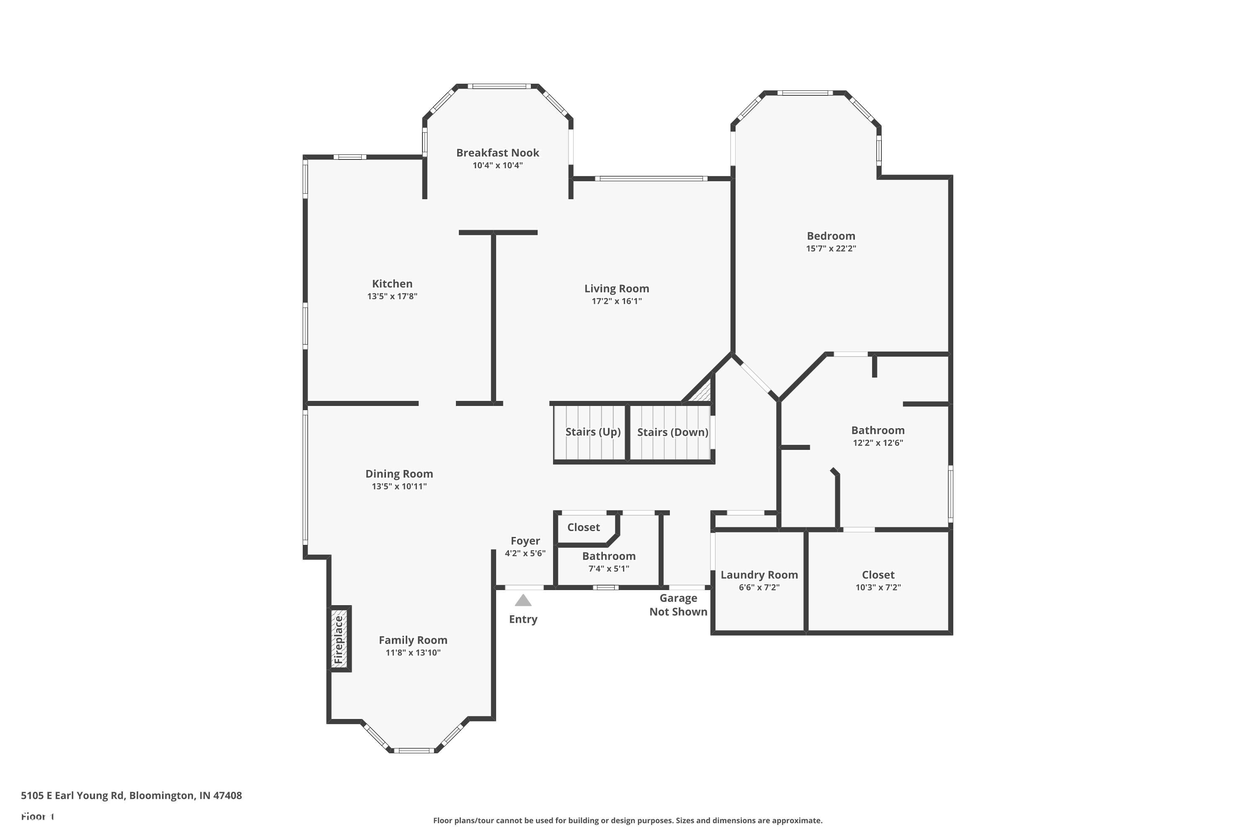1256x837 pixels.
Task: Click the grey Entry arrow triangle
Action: [523, 601]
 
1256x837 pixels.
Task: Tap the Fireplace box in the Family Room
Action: [339, 639]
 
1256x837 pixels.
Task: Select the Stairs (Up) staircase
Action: [590, 432]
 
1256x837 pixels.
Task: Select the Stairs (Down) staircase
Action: [672, 432]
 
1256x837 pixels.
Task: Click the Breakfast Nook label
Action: [497, 153]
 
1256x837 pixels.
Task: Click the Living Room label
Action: [616, 289]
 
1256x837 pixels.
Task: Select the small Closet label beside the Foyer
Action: [583, 527]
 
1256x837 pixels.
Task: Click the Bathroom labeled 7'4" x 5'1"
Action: [608, 562]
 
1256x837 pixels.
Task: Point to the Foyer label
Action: [525, 541]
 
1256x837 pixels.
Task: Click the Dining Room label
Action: [399, 474]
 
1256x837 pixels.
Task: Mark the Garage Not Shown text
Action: [678, 605]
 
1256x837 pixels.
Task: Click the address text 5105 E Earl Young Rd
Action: [131, 796]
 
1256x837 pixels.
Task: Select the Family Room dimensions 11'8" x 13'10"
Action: [413, 652]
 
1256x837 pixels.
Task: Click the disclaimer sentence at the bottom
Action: [628, 820]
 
